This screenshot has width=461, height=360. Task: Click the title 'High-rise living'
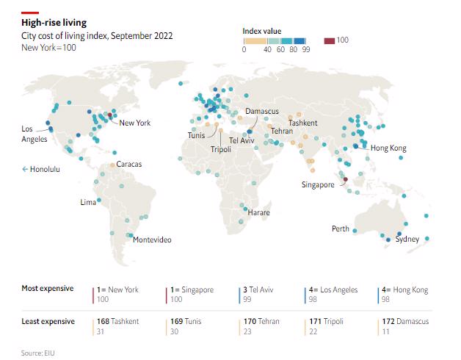click(x=54, y=24)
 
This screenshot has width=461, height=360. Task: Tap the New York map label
click(x=134, y=123)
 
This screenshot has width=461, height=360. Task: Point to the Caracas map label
click(x=129, y=164)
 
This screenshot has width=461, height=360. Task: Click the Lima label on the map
click(x=88, y=202)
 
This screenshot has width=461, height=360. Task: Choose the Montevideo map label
click(x=152, y=240)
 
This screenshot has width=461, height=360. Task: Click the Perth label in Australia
click(x=341, y=228)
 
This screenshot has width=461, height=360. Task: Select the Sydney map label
click(x=407, y=240)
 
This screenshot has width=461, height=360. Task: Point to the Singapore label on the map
click(x=318, y=185)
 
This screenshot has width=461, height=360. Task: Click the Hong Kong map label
click(x=388, y=148)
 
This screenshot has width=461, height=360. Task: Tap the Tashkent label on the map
click(x=302, y=123)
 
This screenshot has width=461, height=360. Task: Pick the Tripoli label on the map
click(x=221, y=149)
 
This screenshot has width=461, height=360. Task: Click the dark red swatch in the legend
click(x=330, y=40)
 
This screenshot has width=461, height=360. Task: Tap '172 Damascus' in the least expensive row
click(x=405, y=322)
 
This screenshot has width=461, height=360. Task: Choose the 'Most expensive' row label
click(x=47, y=288)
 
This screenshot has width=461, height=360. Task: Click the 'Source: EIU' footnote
click(x=38, y=353)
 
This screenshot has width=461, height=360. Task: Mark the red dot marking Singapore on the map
click(x=346, y=179)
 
